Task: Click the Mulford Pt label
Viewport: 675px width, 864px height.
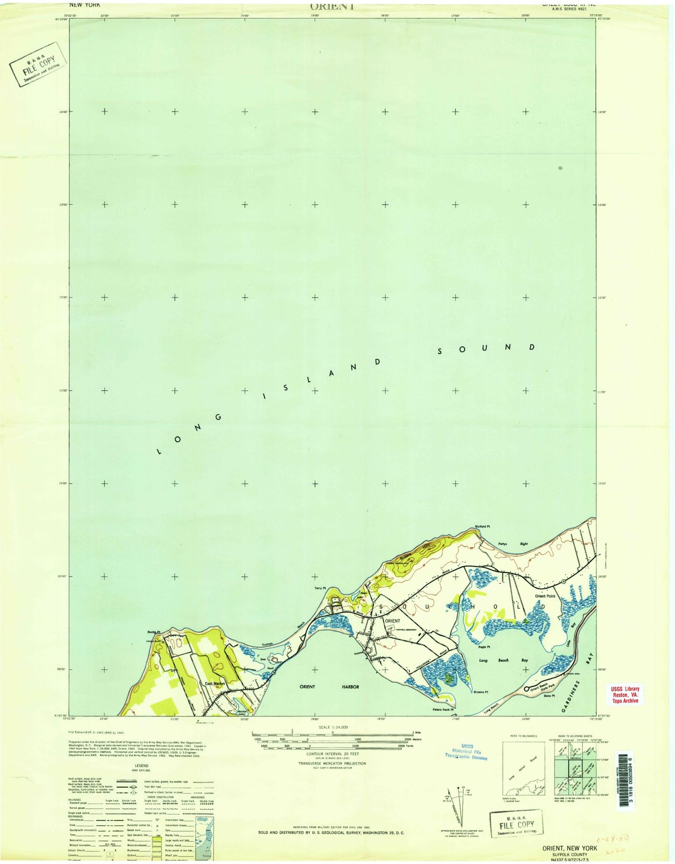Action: coord(483,526)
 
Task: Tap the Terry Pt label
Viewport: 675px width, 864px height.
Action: coord(320,588)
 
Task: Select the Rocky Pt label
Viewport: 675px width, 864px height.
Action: coord(154,632)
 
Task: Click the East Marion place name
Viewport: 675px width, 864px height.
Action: coord(215,684)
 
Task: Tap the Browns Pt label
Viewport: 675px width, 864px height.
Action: coord(481,692)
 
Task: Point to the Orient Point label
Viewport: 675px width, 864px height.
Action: coord(545,596)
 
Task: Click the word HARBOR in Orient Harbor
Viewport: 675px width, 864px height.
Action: coord(350,686)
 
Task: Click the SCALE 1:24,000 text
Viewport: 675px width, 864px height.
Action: coord(333,727)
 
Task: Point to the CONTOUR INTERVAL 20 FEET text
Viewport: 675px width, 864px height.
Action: coord(332,754)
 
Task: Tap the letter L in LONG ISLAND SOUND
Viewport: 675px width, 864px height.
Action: coord(158,451)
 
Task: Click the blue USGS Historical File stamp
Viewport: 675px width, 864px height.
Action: coord(465,752)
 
